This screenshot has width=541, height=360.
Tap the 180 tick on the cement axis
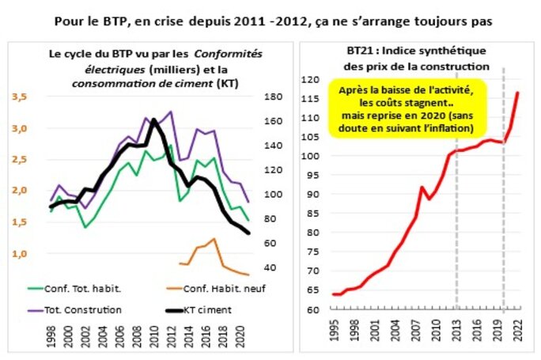pyautogui.click(x=251, y=97)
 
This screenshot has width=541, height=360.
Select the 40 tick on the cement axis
pyautogui.click(x=251, y=267)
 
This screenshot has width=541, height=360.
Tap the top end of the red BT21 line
pyautogui.click(x=519, y=93)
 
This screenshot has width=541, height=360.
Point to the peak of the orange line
pyautogui.click(x=214, y=238)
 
